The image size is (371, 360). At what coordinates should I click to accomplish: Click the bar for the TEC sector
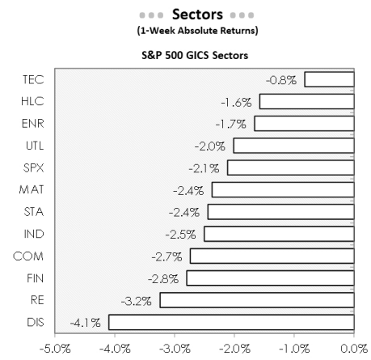[329, 79]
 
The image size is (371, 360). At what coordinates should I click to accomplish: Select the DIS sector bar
[231, 322]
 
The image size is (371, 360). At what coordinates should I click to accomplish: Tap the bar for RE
[257, 300]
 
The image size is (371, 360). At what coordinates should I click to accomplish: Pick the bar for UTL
[294, 146]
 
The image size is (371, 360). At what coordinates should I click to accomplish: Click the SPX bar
[291, 167]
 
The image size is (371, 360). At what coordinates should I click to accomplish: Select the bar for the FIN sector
[270, 278]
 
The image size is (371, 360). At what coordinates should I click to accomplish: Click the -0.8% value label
[282, 79]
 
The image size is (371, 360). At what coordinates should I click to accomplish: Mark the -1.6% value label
[237, 102]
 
